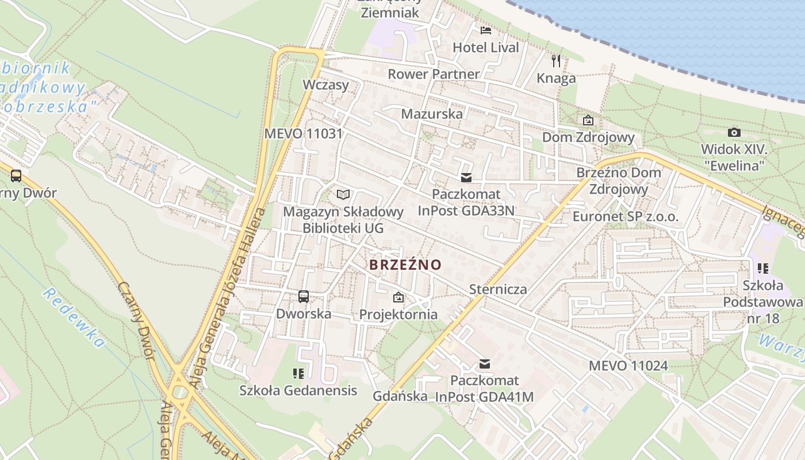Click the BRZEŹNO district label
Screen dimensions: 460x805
coord(405,265)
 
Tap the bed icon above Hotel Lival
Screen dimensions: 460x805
coord(486,30)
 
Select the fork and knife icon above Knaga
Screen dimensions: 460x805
coord(556,61)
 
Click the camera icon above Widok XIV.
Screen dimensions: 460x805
coord(734,133)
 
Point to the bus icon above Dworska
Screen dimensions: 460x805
coord(304,297)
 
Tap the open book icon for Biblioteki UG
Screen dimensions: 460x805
coord(343,194)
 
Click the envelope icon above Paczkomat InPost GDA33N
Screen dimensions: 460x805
coord(466,178)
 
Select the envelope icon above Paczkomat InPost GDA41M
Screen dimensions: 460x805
coord(485,364)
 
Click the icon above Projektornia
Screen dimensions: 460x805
coord(398,297)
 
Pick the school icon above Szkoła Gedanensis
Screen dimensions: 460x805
coord(298,374)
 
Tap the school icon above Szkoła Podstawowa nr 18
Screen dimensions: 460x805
coord(763,268)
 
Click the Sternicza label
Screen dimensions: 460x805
coord(498,289)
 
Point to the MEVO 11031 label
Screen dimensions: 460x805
coord(303,134)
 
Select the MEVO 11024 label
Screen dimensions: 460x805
coord(628,366)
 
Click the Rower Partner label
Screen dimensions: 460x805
coord(434,74)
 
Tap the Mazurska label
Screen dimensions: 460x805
coord(432,114)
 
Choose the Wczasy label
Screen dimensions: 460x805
coord(326,85)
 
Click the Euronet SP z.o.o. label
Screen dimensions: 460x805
coord(626,217)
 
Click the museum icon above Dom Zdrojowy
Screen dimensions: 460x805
coord(588,121)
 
